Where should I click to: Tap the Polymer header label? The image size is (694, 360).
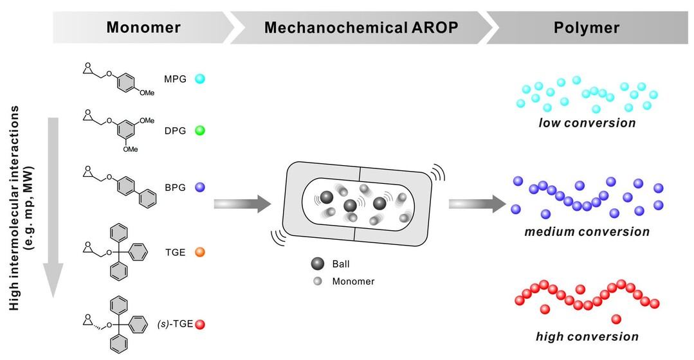(587, 28)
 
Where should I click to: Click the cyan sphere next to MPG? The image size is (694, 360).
(200, 79)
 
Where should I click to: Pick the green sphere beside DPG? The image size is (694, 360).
(200, 130)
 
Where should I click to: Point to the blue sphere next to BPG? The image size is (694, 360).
(200, 187)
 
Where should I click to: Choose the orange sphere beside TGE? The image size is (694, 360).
(200, 253)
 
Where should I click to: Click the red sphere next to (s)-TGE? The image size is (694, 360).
(200, 325)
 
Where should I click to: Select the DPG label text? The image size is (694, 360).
(175, 130)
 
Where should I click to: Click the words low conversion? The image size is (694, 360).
(587, 123)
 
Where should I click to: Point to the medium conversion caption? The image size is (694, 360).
(587, 231)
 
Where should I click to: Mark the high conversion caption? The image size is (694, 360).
(587, 336)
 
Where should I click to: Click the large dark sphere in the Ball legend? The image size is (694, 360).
(316, 264)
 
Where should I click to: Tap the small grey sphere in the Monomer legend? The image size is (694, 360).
(316, 281)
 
